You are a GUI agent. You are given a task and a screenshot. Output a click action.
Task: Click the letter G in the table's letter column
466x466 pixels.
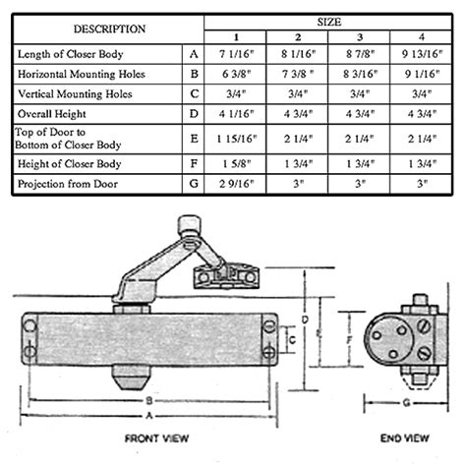[194, 183]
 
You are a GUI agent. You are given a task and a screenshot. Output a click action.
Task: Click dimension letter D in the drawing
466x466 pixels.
[308, 320]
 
